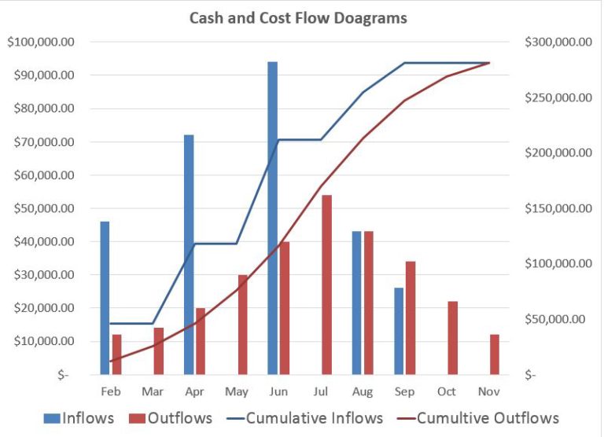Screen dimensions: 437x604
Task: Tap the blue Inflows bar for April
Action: click(x=189, y=255)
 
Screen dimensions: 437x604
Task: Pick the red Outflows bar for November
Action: click(x=494, y=354)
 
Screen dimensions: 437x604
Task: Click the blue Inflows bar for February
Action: click(x=105, y=298)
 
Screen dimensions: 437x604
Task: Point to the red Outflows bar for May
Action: click(x=242, y=325)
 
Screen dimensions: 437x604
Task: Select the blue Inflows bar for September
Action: click(x=398, y=331)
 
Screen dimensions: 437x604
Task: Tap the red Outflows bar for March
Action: click(x=159, y=351)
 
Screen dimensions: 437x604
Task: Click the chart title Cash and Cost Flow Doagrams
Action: click(x=298, y=17)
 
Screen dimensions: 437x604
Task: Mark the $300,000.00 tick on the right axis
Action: click(x=558, y=42)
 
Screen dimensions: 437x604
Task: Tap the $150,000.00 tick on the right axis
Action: click(x=558, y=208)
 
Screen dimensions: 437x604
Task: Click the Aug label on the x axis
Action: click(x=363, y=391)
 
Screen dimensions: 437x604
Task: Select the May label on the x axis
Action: click(x=237, y=391)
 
